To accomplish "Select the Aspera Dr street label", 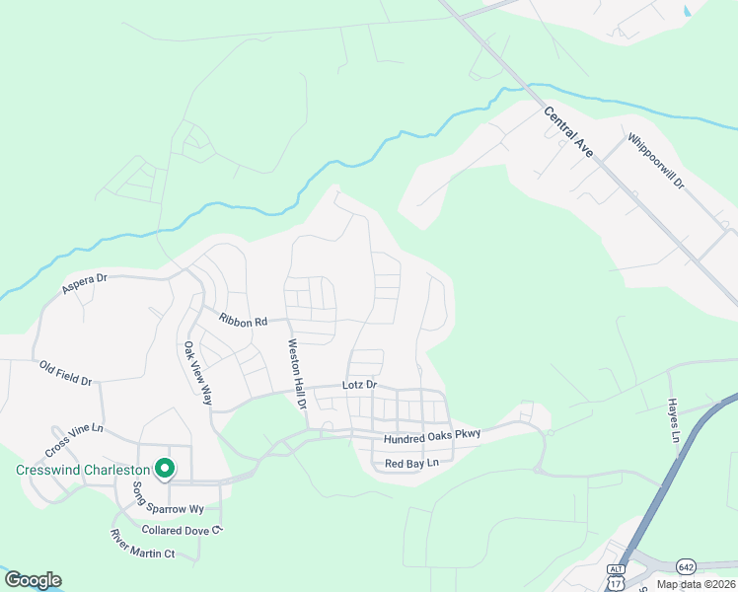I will click(x=83, y=284).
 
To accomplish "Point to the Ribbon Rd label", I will click(x=243, y=320).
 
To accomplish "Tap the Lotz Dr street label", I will click(x=359, y=384).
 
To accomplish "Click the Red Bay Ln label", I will click(x=411, y=463).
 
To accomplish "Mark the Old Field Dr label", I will click(x=65, y=373).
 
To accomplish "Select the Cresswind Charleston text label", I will click(x=82, y=470).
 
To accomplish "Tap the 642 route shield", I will click(x=687, y=565).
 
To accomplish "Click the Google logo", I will click(x=33, y=579).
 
